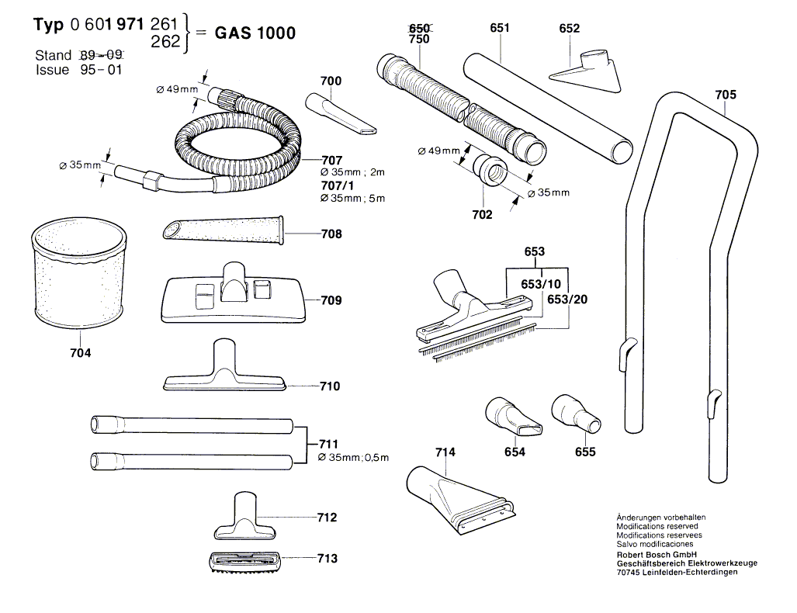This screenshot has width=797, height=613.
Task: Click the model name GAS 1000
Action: point(255,33)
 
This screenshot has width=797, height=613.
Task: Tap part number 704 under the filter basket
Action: point(80,353)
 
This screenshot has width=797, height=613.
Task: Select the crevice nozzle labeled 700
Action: point(341,114)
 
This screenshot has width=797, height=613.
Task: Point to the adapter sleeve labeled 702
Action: point(490,169)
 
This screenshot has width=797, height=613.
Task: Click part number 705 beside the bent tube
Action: point(726,95)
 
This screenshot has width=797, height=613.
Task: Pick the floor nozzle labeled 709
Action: point(234,295)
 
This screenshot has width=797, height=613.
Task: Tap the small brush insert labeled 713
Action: point(244,562)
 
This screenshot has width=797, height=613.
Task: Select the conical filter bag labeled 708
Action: point(224,228)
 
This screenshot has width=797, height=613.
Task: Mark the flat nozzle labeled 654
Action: point(513,417)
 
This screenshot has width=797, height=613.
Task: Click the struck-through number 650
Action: point(419,28)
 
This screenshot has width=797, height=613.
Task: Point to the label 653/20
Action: point(567,300)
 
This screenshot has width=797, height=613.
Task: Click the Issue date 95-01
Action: point(101,70)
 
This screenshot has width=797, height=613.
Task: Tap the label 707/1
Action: point(338,185)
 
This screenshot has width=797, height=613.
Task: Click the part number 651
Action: point(500,27)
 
